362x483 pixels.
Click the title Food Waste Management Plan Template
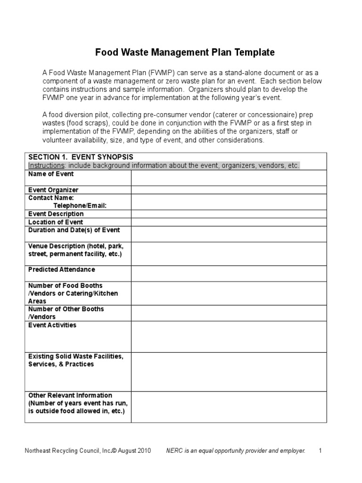point(185,52)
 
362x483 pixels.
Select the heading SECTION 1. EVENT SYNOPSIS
point(81,157)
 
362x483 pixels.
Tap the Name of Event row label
point(51,174)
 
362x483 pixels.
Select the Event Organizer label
point(53,190)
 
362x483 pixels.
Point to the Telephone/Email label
point(80,206)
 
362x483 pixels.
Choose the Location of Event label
point(56,222)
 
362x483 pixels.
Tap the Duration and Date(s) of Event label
point(74,230)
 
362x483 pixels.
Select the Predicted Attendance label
point(61,270)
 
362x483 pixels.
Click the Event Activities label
point(52,325)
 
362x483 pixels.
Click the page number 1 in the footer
point(320,451)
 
